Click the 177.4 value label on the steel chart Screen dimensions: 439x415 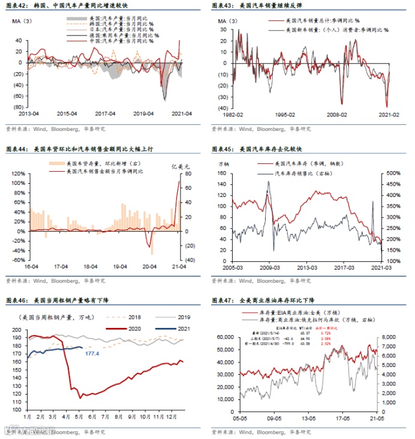[91, 354]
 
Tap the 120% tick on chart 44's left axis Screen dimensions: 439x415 [17, 174]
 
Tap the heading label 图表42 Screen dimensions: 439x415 [16, 5]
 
